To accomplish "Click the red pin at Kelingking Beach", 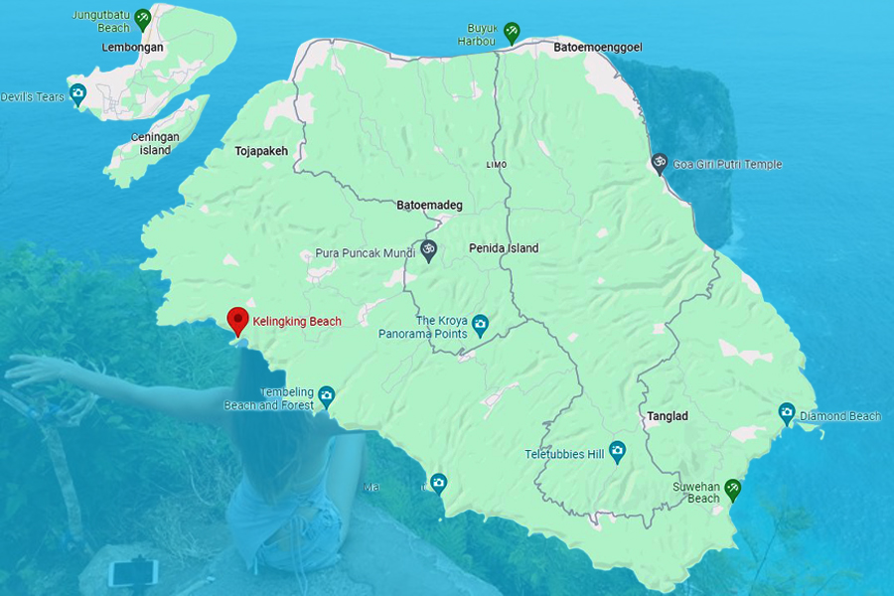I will tap(237, 320).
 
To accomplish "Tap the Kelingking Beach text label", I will tap(297, 321).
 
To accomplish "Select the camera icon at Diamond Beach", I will tap(787, 411).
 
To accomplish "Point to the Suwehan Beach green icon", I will tap(732, 488).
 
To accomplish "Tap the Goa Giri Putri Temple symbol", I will tap(658, 164).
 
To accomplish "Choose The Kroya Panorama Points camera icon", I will tap(480, 323).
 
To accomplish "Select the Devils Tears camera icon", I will tap(77, 94).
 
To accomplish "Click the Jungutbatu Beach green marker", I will tap(143, 17).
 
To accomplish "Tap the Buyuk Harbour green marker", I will tap(511, 31).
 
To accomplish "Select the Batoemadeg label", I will tap(429, 206).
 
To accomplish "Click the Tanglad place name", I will tap(667, 415).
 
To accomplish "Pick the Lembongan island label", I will tap(132, 47).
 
